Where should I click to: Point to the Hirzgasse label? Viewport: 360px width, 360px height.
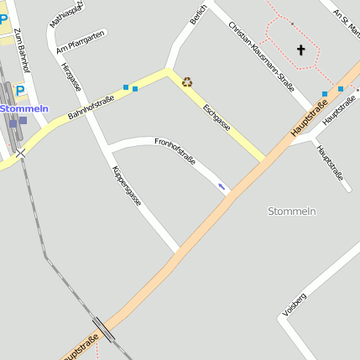point(72,75)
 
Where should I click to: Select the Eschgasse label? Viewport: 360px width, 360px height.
point(217,117)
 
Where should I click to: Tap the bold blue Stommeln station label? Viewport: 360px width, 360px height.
point(24,109)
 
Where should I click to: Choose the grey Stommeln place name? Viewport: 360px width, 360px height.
point(291,211)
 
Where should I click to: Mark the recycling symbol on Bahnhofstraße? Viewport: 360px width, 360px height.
point(187,82)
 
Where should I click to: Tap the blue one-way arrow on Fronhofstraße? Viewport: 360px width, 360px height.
point(222,186)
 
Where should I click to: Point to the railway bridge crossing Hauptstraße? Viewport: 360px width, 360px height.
point(104,326)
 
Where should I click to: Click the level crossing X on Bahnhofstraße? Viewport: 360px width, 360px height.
point(20,154)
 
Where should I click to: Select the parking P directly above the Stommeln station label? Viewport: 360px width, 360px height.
point(20,90)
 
